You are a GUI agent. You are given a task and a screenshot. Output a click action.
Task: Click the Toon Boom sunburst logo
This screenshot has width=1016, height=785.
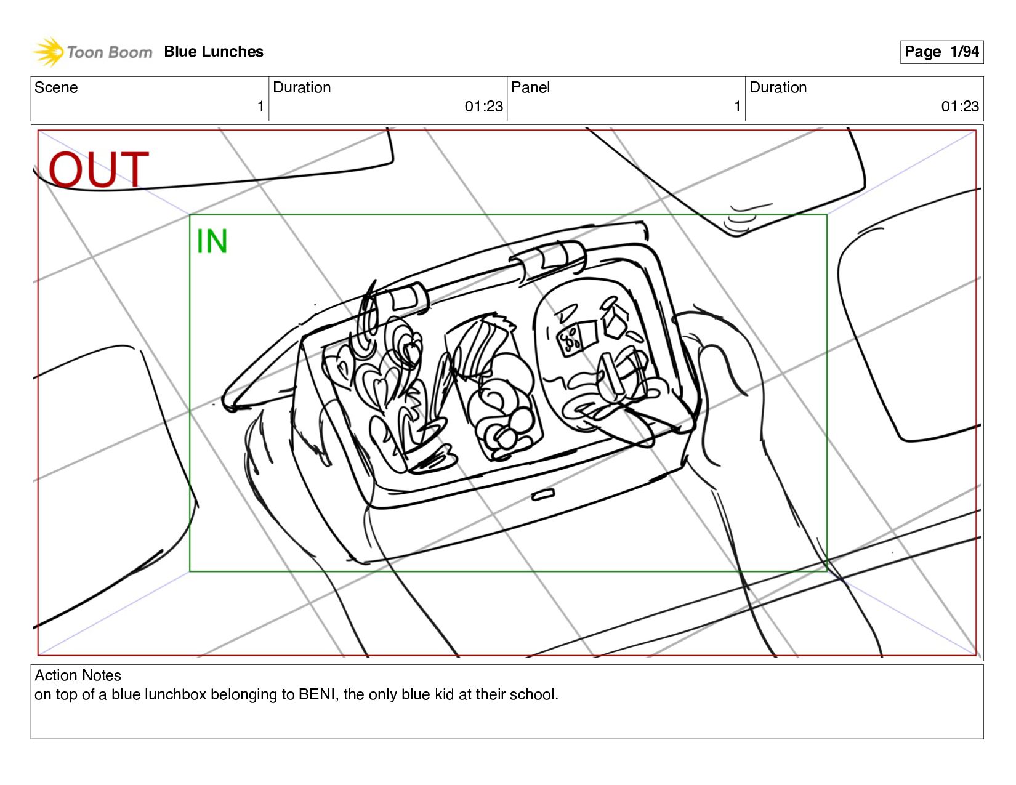49,52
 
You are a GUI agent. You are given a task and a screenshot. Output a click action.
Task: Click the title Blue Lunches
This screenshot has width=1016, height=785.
214,52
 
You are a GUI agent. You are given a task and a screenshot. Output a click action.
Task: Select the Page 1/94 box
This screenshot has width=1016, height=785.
941,52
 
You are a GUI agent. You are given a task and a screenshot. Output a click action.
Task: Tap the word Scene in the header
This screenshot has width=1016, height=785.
56,87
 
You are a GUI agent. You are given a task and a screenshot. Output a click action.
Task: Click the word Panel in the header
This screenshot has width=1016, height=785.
530,87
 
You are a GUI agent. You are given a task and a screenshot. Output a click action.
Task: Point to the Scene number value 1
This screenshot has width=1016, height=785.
260,107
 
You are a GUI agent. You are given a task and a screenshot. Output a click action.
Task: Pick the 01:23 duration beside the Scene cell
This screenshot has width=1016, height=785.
483,107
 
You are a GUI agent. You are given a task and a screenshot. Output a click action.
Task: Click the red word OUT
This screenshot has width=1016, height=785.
99,169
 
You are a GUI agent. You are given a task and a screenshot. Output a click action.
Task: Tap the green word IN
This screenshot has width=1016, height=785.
212,241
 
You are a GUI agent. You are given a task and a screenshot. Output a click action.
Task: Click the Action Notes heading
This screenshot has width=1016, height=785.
78,675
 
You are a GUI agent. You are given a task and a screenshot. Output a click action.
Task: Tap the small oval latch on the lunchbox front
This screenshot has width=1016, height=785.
543,494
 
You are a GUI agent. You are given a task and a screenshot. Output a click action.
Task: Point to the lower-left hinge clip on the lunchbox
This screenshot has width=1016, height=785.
403,299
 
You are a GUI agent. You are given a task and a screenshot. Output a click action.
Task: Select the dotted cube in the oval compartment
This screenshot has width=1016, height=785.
576,337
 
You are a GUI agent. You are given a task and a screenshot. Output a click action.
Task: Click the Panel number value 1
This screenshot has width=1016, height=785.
737,107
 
